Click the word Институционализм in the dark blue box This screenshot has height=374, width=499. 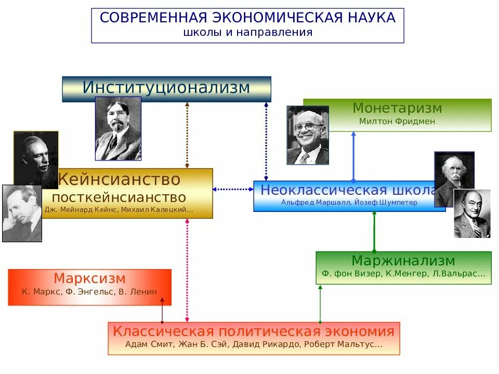[x=166, y=88]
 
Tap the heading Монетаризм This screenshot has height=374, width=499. [x=397, y=109]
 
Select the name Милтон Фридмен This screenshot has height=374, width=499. [x=397, y=122]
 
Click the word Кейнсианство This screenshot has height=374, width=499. [x=119, y=180]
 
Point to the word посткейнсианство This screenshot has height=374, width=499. [x=119, y=197]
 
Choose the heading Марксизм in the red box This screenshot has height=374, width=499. [x=89, y=278]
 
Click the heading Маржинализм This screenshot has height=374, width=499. [x=403, y=261]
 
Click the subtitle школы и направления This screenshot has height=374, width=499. [x=247, y=32]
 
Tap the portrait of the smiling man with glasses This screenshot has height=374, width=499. [x=307, y=136]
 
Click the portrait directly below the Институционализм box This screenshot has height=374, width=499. [x=118, y=128]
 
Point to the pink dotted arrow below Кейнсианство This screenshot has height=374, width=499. [x=187, y=270]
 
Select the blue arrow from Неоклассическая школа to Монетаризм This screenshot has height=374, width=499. [x=353, y=156]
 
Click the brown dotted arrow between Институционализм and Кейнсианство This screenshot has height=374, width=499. [x=187, y=135]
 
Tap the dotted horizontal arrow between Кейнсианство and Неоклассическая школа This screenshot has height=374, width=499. [x=233, y=190]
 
